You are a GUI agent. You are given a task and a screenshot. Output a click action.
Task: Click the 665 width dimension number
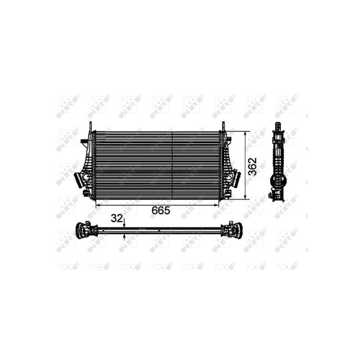(x=160, y=210)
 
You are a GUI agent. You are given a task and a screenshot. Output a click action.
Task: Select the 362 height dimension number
(x=253, y=166)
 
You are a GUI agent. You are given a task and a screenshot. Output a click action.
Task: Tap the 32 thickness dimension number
(x=117, y=219)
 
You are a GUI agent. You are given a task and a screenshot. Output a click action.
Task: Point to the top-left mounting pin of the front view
(x=91, y=126)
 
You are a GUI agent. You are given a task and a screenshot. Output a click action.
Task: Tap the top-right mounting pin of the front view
(x=222, y=126)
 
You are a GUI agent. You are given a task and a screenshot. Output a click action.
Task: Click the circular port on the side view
(x=278, y=181)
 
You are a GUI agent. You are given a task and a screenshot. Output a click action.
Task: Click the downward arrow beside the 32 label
(x=125, y=225)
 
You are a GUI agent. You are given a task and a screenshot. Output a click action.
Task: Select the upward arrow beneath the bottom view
(x=125, y=237)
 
